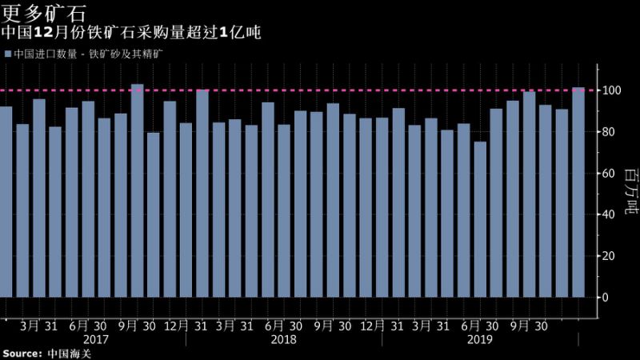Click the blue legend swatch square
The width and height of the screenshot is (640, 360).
pos(7,54)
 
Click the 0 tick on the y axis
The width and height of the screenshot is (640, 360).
pos(606,298)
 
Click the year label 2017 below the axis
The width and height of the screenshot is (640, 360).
pos(96,339)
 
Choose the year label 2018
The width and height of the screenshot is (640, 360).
pos(283,339)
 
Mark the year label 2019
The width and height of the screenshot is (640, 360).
pos(480,339)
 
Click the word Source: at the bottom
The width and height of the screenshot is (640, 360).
pos(22,353)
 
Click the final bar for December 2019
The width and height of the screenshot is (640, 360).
pos(578,192)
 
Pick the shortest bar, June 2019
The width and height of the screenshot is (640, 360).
pos(480,219)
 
